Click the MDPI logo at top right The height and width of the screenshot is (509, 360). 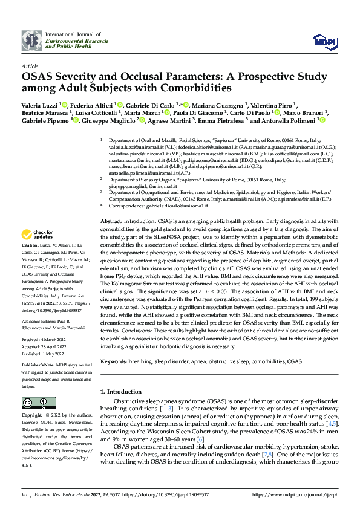tap(324, 41)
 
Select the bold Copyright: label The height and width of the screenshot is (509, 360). tap(32, 416)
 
